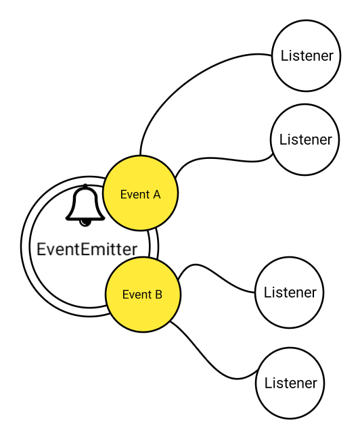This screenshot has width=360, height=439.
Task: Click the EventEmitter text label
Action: pos(87,249)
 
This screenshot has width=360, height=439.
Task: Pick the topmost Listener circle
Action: pos(307,55)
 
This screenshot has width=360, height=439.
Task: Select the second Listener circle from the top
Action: pos(305,140)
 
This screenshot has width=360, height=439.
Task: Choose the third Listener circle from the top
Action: pos(290,293)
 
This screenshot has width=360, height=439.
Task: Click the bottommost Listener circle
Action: pos(290,384)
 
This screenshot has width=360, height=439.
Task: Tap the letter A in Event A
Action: pos(156,195)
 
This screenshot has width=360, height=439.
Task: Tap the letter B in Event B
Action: pos(158,295)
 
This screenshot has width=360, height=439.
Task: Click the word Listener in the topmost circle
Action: pos(307,55)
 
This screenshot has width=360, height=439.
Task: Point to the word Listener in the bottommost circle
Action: pos(290,384)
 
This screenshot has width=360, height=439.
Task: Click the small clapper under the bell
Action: pos(85,221)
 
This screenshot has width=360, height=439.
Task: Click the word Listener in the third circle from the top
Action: pos(290,293)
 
